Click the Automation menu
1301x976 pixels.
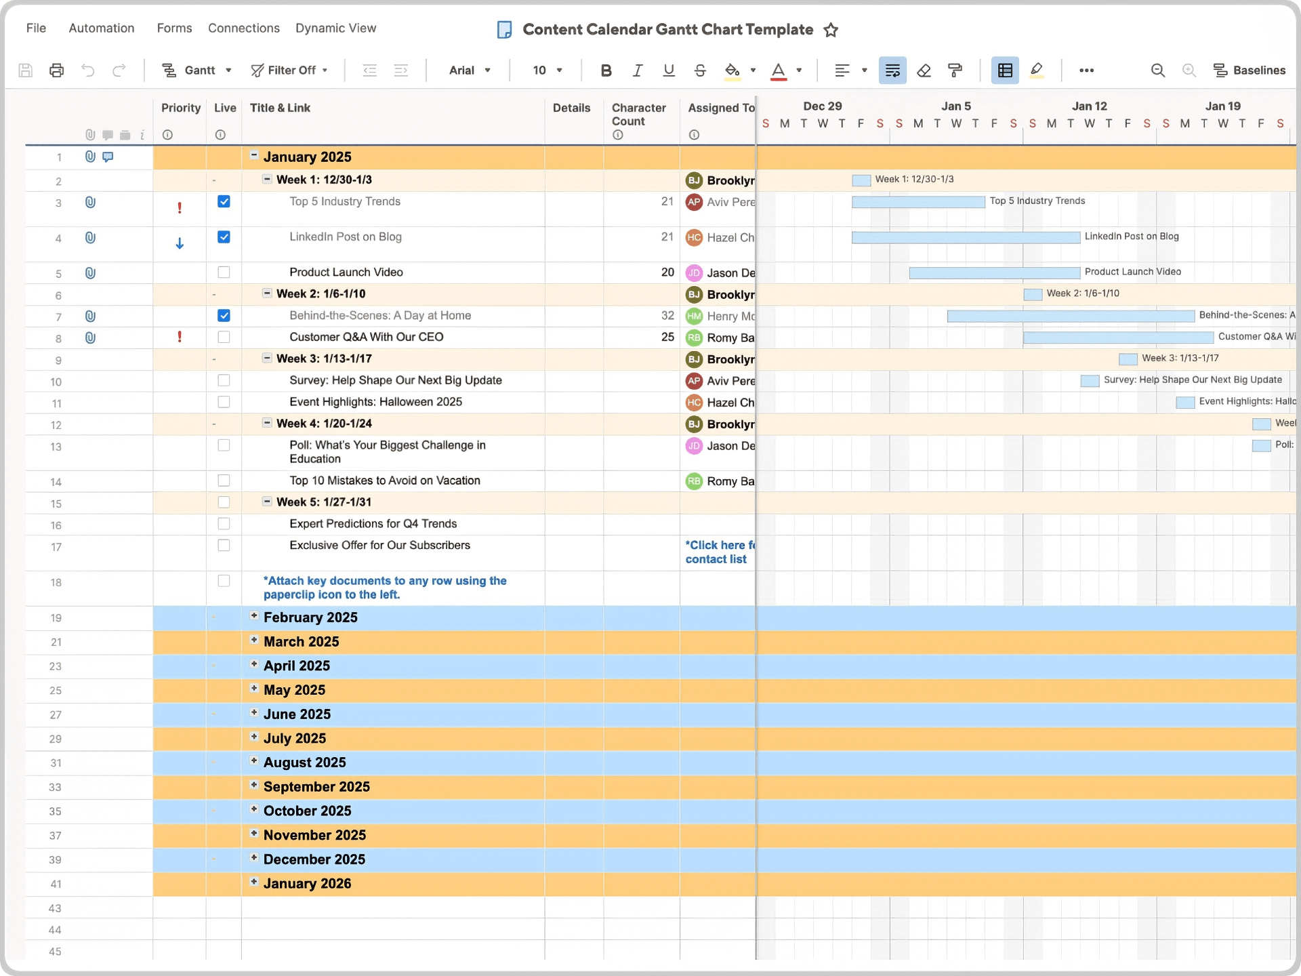point(102,28)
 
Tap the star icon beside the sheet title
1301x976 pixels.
point(831,30)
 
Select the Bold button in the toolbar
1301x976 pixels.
point(606,70)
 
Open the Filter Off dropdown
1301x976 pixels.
point(289,70)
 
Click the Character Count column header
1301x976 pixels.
point(638,115)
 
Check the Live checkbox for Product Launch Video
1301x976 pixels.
point(224,272)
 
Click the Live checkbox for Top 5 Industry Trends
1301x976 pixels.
point(224,202)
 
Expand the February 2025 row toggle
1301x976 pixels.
point(254,616)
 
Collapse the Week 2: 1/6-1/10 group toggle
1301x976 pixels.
point(267,293)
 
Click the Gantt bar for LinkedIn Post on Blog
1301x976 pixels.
point(966,237)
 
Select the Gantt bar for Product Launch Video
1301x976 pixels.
point(994,272)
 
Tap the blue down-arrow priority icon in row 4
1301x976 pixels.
point(180,243)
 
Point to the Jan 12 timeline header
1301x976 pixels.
point(1089,106)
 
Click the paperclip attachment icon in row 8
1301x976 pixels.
point(90,338)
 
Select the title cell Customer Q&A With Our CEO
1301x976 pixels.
point(366,338)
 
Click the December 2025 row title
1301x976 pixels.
point(314,859)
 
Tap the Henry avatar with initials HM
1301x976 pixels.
point(694,316)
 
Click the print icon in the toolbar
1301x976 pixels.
point(57,70)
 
